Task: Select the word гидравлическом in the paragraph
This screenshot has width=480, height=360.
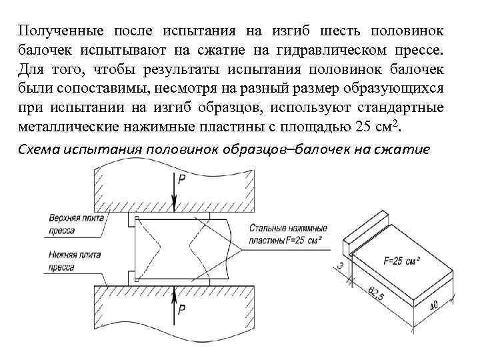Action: click(300, 51)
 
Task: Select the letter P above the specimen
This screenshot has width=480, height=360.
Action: click(182, 179)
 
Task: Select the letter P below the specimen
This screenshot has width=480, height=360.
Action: click(182, 309)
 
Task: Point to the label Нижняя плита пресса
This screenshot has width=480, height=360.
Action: click(73, 259)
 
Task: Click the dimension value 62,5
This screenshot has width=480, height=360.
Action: click(377, 292)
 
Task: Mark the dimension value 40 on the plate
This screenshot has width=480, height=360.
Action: click(434, 307)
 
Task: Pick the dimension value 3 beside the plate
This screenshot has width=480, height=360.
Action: click(340, 267)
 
